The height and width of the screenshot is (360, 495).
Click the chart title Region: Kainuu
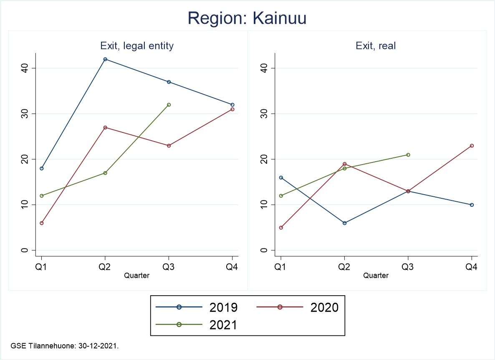pos(247,18)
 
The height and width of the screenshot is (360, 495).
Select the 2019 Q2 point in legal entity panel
pos(105,59)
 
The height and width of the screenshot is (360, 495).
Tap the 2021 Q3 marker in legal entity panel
pos(169,105)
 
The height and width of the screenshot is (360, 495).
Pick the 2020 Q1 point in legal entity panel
pos(42,223)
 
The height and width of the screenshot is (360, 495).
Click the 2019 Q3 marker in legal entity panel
pos(169,82)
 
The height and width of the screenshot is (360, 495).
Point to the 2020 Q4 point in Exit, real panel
pos(472,146)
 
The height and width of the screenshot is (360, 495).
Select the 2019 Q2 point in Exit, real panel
pos(344,223)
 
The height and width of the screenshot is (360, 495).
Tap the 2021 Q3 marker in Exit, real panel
pos(408,155)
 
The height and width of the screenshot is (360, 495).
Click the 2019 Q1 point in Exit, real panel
pos(281,177)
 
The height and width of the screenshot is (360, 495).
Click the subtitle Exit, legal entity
pos(137,46)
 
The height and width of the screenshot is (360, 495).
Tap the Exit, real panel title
pos(376,46)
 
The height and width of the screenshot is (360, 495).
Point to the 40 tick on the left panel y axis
pos(26,68)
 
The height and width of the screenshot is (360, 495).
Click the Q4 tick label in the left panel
pos(232,268)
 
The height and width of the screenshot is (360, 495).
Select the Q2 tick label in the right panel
pos(344,268)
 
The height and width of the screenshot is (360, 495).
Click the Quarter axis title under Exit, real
pos(376,276)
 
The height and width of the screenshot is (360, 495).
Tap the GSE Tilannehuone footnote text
pos(66,346)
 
